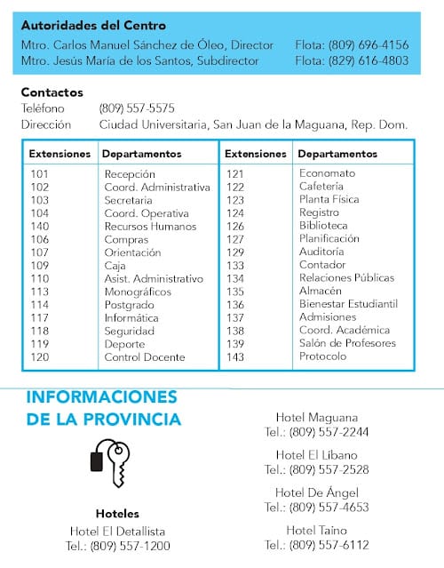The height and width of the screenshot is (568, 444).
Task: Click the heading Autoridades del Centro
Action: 93,26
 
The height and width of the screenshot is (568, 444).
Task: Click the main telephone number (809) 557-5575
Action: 137,108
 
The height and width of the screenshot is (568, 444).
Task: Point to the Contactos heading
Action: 52,92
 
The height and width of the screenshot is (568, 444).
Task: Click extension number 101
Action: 40,174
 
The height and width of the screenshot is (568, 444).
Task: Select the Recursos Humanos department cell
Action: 150,227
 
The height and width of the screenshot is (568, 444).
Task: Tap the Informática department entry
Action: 131,317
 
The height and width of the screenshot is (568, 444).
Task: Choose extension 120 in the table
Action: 40,357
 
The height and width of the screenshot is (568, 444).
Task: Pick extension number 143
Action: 234,356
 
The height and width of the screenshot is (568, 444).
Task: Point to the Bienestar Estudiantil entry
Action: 348,304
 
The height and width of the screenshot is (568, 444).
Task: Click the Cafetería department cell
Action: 321,187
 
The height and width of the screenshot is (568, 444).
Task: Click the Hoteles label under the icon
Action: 117,514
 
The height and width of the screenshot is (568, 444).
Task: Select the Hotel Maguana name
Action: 317,417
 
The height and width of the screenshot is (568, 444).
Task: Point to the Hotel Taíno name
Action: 316,530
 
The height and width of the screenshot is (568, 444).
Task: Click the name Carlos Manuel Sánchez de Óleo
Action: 142,44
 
